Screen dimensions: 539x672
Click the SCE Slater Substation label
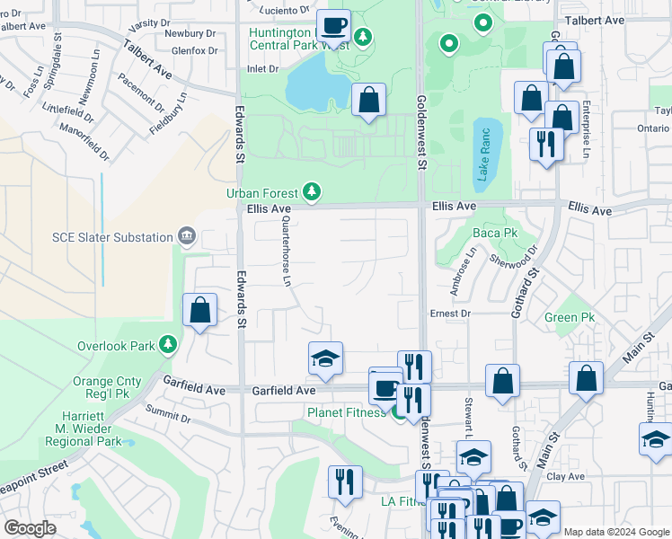click(111, 237)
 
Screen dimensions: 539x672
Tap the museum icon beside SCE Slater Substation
click(186, 236)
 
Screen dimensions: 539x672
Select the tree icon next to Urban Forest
click(312, 191)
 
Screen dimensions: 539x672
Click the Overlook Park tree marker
click(167, 344)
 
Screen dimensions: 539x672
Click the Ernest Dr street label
click(450, 314)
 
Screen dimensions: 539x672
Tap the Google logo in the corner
click(31, 528)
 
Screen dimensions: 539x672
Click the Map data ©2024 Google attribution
click(615, 532)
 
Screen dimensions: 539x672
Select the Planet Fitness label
click(346, 412)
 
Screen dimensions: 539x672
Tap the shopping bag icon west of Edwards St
click(199, 311)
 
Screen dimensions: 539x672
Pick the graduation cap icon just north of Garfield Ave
click(325, 359)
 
